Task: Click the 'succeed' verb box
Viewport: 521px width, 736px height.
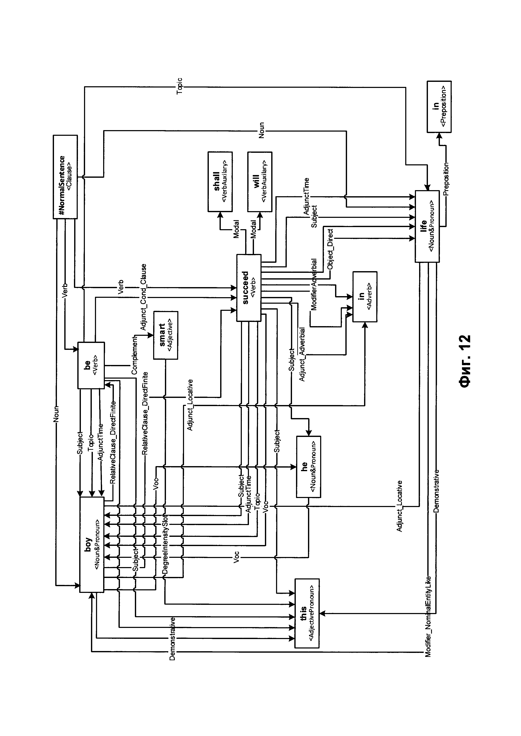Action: [249, 288]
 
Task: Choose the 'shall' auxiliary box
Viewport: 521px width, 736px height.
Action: [220, 182]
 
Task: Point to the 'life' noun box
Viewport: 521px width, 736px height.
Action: [427, 226]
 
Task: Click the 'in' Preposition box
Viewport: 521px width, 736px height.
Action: [439, 107]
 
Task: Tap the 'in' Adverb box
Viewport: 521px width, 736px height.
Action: [365, 297]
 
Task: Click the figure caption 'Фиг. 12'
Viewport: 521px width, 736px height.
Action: [464, 361]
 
